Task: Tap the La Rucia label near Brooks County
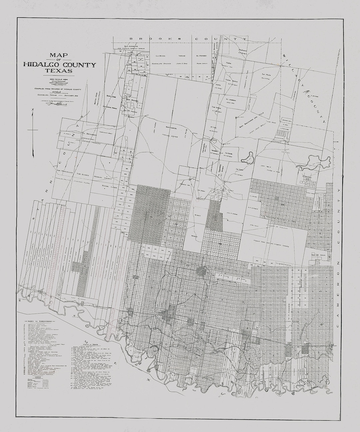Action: (x=161, y=55)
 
